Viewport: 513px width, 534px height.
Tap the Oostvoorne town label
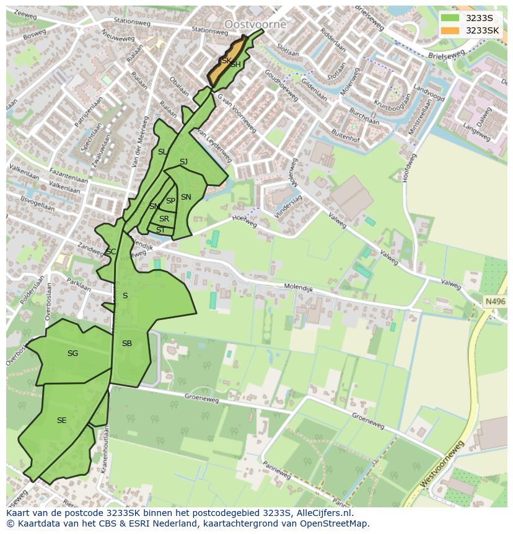[x=255, y=24]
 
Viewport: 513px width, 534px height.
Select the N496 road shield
[x=495, y=301]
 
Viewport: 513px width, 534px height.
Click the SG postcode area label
[x=72, y=354]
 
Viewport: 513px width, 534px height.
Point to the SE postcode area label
[x=61, y=421]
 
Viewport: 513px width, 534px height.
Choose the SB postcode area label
[x=126, y=344]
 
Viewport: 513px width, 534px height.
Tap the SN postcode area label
[x=186, y=197]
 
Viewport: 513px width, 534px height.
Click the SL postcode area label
[x=162, y=152]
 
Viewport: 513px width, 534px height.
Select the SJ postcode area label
[x=183, y=162]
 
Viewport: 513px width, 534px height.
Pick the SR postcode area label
[x=164, y=219]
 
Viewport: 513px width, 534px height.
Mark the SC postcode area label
[x=111, y=252]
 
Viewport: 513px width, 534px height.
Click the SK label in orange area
[x=226, y=61]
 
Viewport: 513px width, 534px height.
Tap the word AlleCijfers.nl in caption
[x=322, y=513]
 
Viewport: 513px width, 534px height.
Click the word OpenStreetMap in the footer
[x=331, y=523]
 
